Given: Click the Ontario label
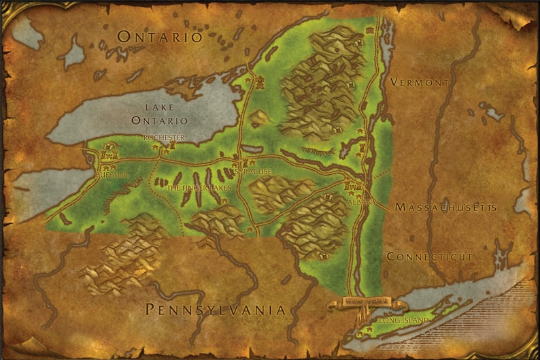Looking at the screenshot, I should point(160,37).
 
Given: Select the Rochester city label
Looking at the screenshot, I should point(164,137).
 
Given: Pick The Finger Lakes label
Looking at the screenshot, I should point(199,188).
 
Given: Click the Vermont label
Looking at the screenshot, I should point(420,82).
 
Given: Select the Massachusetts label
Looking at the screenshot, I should point(445,207).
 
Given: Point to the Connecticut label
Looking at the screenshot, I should point(429,257).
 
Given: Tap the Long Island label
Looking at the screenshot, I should point(405,320).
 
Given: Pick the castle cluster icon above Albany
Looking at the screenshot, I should point(352,184).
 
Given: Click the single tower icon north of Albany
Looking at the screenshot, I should point(362,145).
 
